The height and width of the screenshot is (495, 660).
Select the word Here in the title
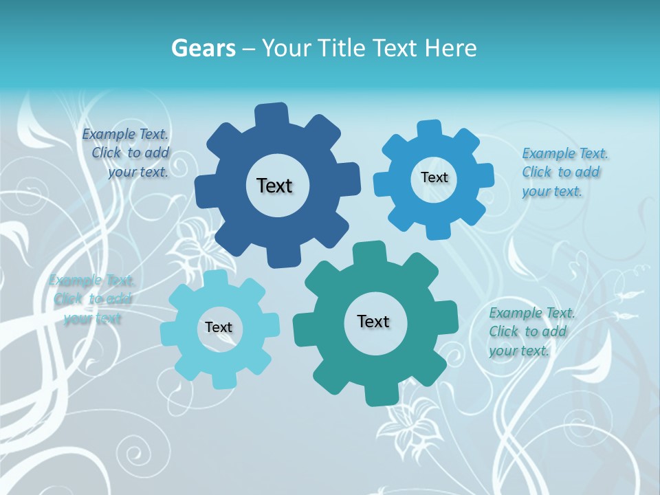450,48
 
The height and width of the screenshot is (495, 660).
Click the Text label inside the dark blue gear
274,186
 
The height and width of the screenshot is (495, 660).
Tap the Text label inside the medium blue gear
434,177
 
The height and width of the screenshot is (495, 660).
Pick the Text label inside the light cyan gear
219,327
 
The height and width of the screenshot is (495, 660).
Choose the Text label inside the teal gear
373,321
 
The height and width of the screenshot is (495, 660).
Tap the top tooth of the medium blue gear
429,130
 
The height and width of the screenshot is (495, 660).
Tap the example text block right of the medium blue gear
564,172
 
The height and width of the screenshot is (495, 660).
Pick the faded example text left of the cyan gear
91,299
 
